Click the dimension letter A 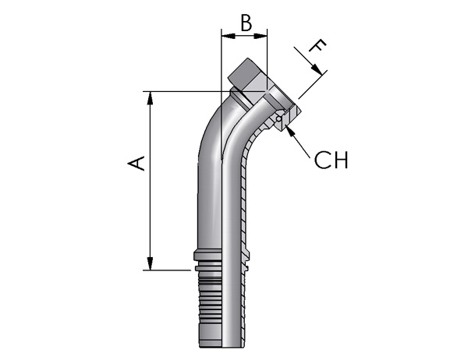136,163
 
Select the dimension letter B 246,23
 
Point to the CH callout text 331,160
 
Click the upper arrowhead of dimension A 151,98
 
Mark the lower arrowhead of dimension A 151,263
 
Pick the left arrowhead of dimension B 228,37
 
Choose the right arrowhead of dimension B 261,37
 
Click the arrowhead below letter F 317,69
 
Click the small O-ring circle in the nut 278,118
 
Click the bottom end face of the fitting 222,347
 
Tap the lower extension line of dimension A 167,270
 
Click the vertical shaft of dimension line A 151,181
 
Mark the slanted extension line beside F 313,85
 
